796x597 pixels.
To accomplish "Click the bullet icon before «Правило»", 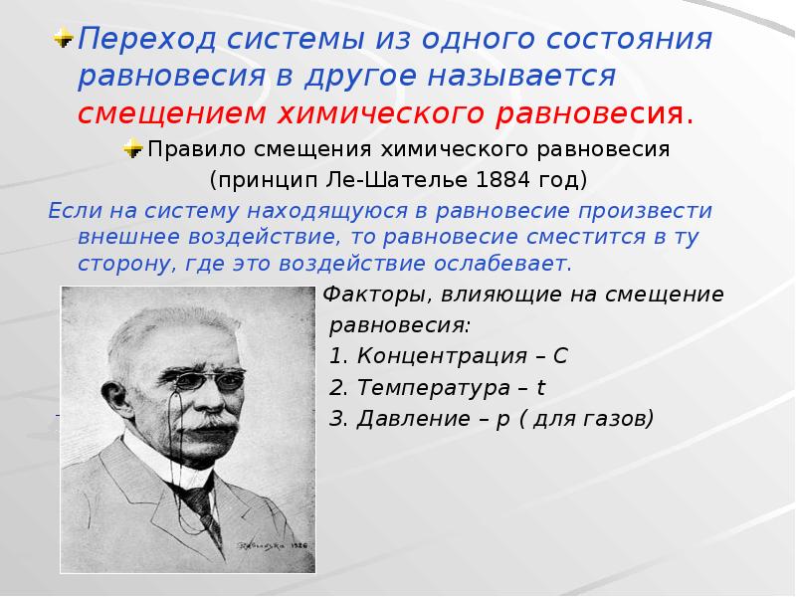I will pyautogui.click(x=132, y=149).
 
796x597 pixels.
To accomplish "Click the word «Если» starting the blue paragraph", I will pyautogui.click(x=70, y=211).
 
